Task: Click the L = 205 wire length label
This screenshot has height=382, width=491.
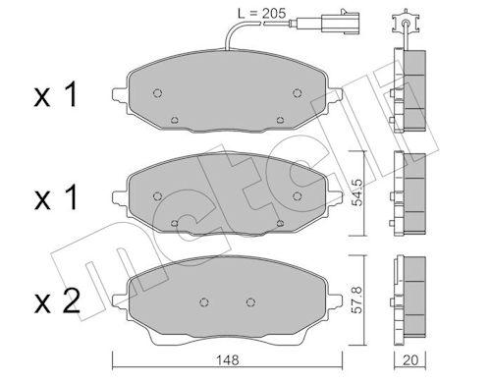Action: click(x=261, y=14)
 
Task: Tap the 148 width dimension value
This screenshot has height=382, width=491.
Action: click(x=228, y=360)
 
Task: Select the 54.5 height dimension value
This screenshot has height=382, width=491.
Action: click(x=357, y=192)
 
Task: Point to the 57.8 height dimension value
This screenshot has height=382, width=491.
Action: click(x=357, y=300)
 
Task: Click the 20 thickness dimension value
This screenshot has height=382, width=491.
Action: click(x=410, y=360)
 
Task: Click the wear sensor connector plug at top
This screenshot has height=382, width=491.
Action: click(x=341, y=22)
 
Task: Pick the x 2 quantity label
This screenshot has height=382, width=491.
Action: click(x=57, y=300)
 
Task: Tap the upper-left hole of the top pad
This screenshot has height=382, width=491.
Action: click(x=157, y=93)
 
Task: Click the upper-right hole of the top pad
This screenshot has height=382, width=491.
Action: click(x=297, y=93)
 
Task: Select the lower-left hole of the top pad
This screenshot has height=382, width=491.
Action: click(x=175, y=120)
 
